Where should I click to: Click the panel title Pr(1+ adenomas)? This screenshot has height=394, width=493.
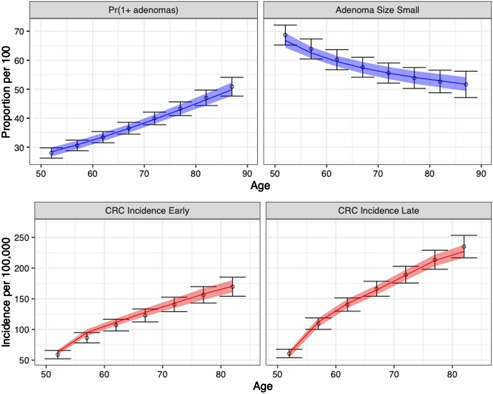(143, 10)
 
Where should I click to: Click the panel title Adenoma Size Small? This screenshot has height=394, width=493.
(377, 10)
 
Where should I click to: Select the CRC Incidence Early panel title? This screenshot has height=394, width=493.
(147, 211)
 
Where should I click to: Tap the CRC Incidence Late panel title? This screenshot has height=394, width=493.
(378, 211)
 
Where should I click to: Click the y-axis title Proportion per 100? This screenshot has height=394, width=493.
(6, 92)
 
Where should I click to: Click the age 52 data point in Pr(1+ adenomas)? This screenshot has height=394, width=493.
(51, 153)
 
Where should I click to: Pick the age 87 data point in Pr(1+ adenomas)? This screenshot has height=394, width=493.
(232, 87)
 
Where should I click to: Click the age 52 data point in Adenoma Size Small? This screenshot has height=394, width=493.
(285, 35)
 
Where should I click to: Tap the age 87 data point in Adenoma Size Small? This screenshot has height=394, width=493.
(466, 85)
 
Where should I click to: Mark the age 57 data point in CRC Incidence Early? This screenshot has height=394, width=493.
(87, 338)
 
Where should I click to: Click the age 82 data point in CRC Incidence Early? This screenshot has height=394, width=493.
(232, 287)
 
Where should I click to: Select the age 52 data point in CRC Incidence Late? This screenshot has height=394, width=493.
(289, 353)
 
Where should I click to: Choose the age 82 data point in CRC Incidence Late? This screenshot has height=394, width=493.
(464, 246)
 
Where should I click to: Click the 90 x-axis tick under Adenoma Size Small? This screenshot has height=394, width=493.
(481, 174)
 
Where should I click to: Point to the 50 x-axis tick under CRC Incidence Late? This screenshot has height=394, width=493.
(277, 374)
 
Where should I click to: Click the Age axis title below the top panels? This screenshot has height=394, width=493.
(260, 185)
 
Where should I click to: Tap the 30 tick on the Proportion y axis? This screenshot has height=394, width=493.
(20, 148)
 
